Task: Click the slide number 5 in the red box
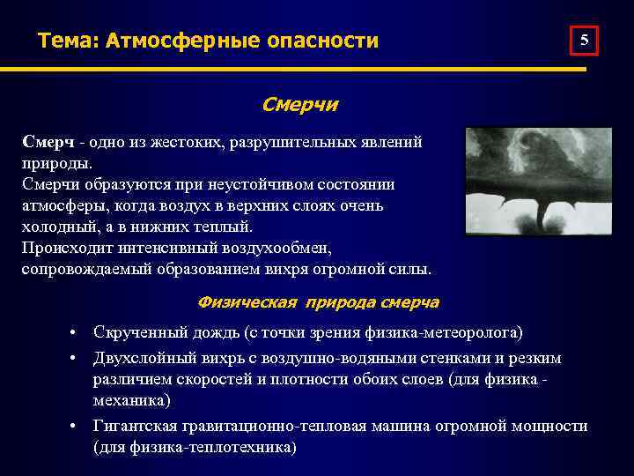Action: (586, 41)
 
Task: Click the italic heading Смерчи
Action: (299, 105)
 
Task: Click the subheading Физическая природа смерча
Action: (319, 302)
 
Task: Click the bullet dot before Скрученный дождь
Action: (77, 332)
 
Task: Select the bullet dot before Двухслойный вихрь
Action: (77, 358)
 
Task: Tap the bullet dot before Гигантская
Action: (77, 427)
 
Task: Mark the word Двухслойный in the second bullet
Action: (140, 357)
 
